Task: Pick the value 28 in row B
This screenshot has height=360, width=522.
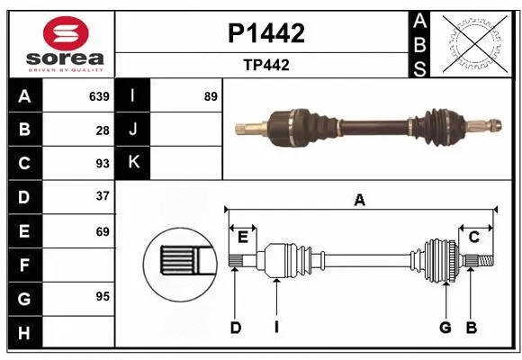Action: pos(103,130)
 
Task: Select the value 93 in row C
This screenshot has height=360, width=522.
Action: pos(103,163)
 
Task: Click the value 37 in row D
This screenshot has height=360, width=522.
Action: pos(103,196)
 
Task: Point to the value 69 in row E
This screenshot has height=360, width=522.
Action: pos(103,231)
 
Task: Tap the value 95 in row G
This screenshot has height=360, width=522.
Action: pos(103,296)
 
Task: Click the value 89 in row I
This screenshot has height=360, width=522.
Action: pos(211,96)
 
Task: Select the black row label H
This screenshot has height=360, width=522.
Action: pos(23,332)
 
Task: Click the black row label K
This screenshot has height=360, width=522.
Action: pos(133,163)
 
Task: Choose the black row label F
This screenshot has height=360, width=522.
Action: pos(23,265)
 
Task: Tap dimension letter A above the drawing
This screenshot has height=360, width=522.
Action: pos(360,201)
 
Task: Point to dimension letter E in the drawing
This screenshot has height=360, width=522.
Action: pos(243,237)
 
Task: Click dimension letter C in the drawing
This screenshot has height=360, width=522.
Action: pos(473,237)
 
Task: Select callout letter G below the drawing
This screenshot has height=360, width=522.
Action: pos(445,328)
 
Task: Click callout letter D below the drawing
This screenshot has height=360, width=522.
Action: pos(235,328)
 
